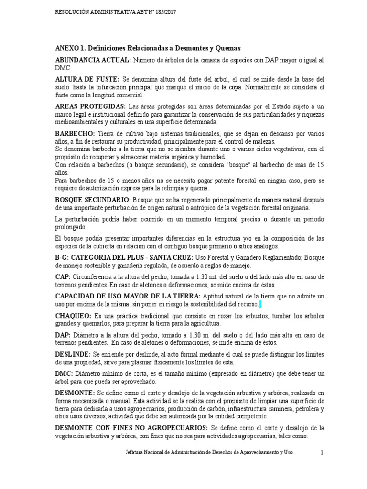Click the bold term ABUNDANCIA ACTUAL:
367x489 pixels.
(93, 60)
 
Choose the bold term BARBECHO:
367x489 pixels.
(75, 133)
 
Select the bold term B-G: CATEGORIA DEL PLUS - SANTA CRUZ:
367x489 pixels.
(124, 258)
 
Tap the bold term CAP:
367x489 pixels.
(63, 276)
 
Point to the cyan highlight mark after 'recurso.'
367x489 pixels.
(260, 304)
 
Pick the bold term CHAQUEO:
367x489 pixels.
(74, 316)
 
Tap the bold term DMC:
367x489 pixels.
(63, 374)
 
